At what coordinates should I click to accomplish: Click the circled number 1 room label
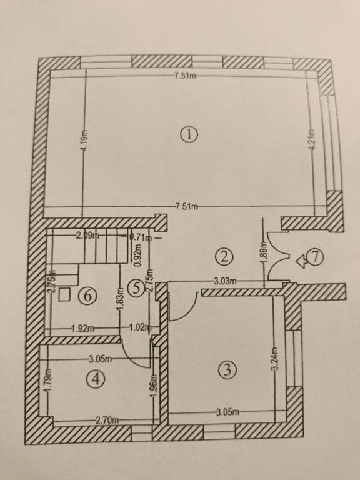point(189,135)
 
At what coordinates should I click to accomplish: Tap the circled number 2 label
point(224,256)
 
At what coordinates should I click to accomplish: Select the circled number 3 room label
point(227,370)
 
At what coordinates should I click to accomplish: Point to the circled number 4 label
point(96,379)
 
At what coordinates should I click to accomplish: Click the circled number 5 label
point(136,287)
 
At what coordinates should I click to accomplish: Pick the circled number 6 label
point(87,296)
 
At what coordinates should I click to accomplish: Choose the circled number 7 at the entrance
point(315,257)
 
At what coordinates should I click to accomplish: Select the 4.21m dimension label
point(312,139)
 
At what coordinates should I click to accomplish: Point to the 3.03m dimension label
point(225,281)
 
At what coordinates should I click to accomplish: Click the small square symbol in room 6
point(65,294)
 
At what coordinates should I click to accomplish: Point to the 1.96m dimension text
point(154,386)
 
